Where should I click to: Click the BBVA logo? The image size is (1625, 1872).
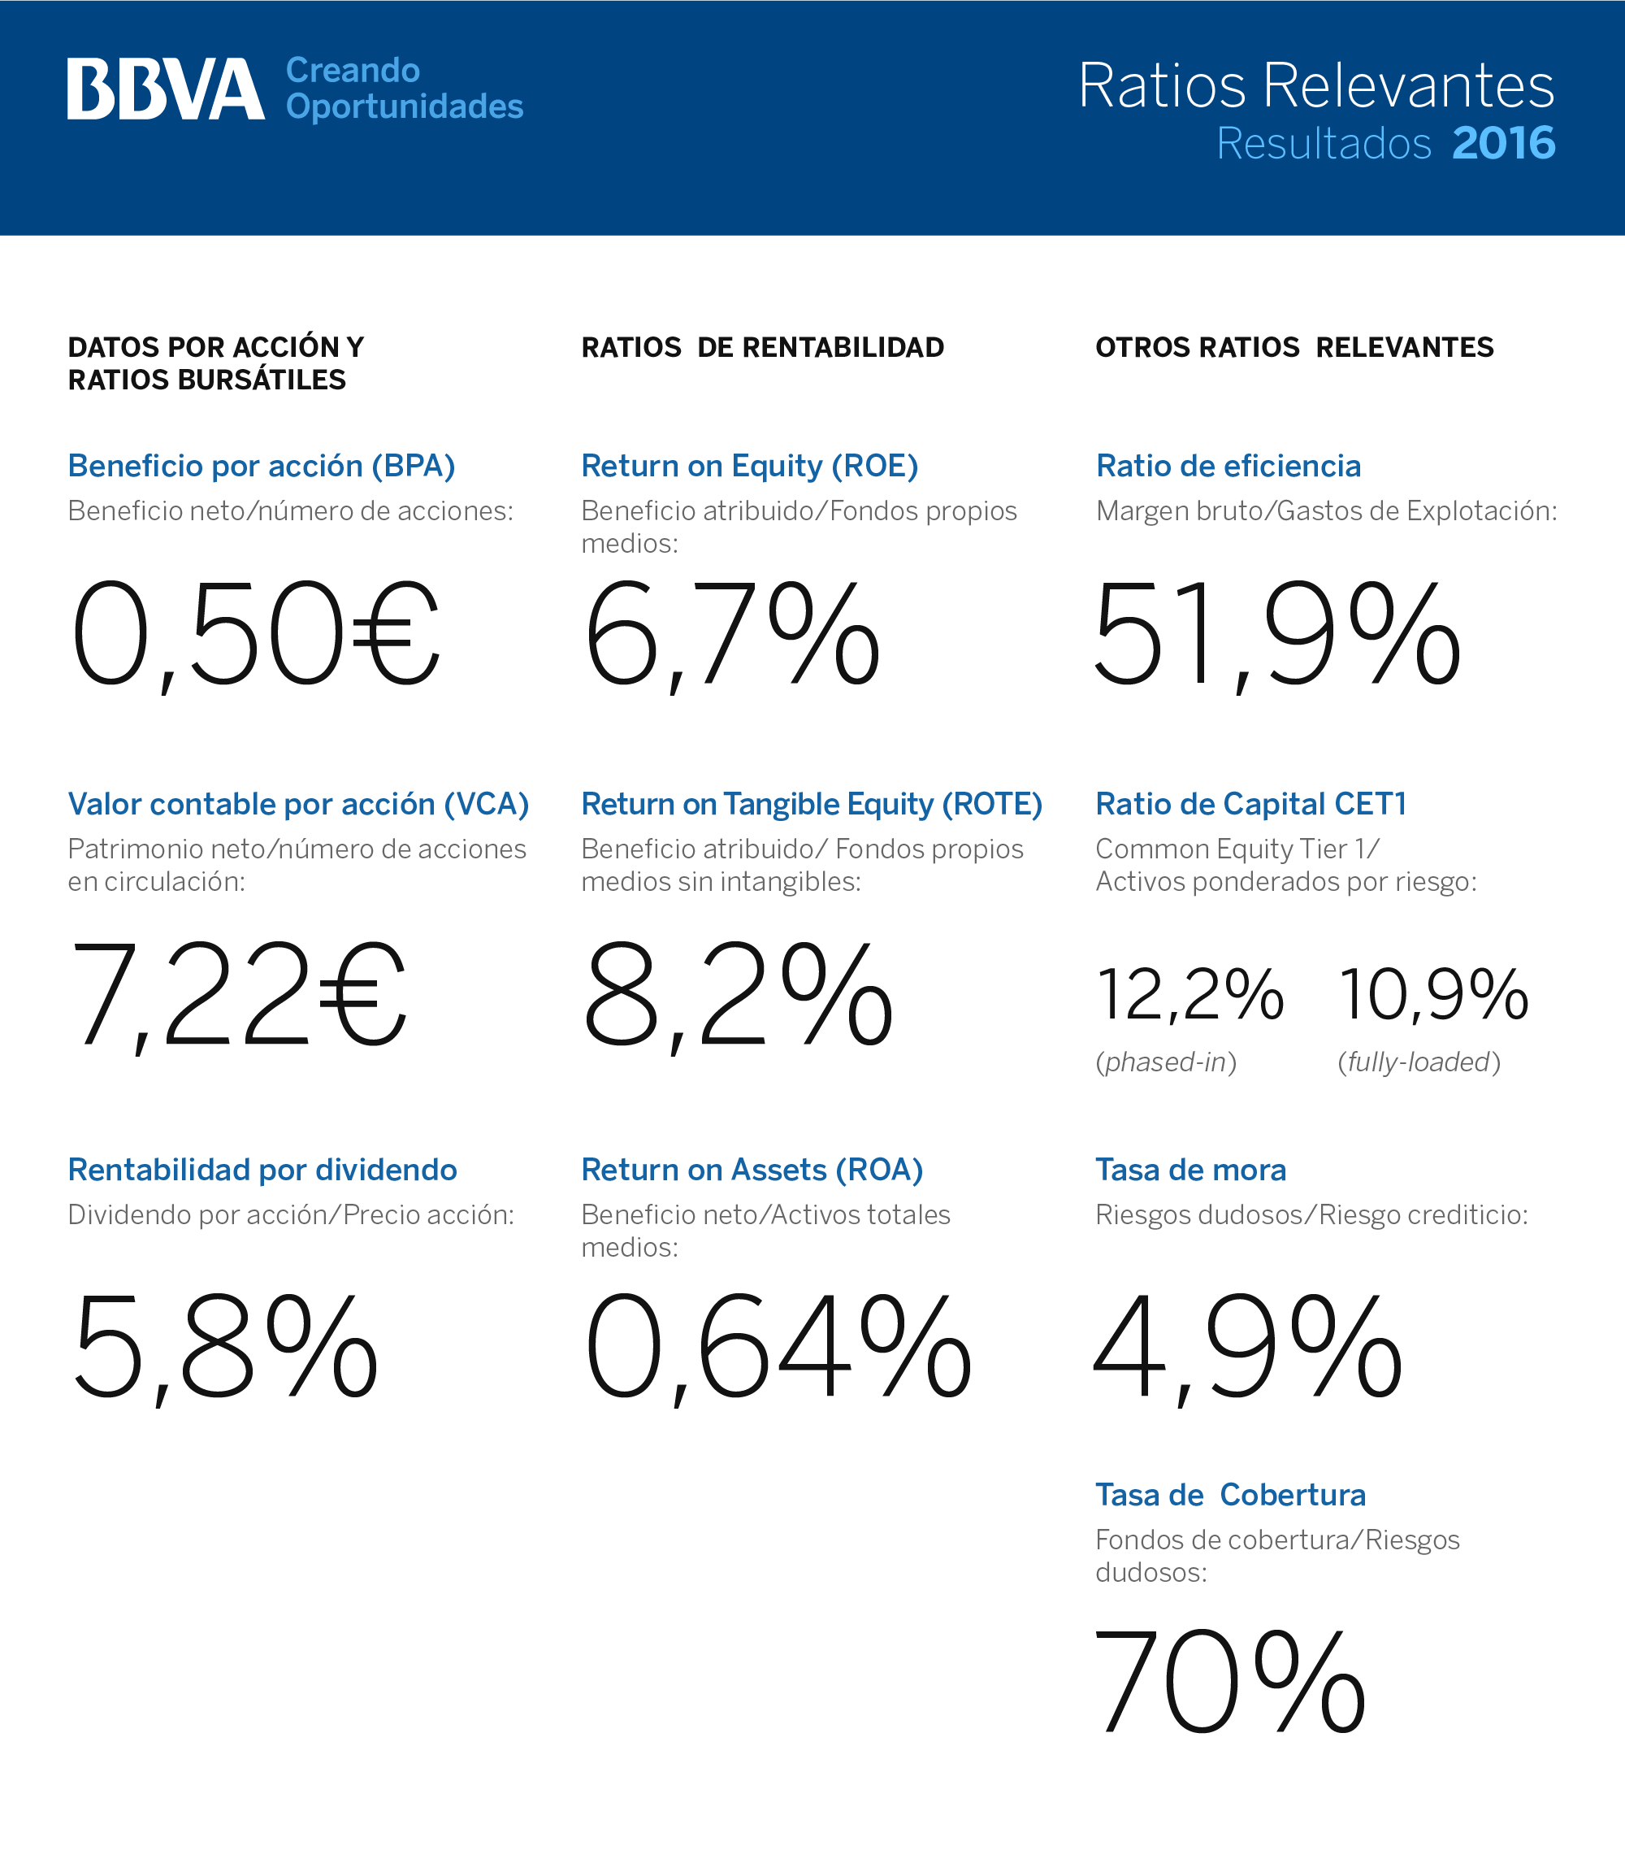click(166, 89)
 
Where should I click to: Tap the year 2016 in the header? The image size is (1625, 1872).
click(1503, 143)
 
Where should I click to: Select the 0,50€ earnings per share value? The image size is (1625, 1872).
click(256, 635)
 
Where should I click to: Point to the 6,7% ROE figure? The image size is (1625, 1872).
click(733, 635)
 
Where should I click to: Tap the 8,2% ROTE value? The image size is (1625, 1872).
click(738, 996)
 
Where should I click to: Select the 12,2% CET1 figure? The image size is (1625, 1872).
click(1190, 996)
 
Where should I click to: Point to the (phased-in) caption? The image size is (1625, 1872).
click(1166, 1062)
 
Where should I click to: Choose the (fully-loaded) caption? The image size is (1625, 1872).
click(1419, 1062)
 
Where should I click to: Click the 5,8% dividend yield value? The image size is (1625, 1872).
click(225, 1349)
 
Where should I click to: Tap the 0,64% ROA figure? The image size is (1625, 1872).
click(778, 1349)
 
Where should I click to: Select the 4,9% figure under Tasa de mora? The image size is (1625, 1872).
click(1249, 1349)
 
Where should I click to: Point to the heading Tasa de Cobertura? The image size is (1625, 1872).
click(1231, 1495)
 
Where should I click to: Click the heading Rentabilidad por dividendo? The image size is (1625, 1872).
click(263, 1170)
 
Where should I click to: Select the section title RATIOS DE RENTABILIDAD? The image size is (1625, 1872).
click(763, 347)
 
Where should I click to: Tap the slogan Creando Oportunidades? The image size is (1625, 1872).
click(405, 88)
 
